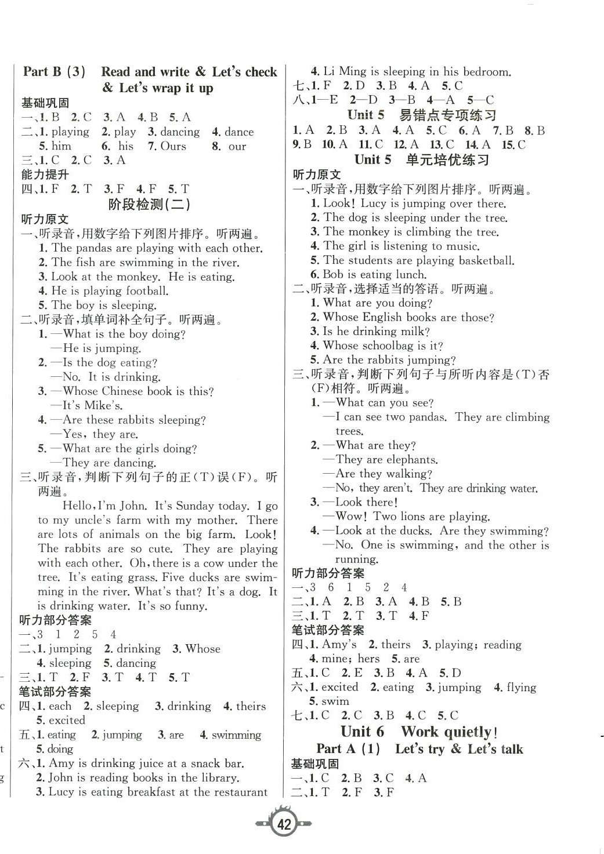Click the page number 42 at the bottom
click(284, 824)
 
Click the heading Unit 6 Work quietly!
click(419, 732)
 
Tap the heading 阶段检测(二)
click(150, 204)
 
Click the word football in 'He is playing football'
click(144, 291)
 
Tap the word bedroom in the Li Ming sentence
click(485, 72)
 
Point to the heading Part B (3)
click(55, 72)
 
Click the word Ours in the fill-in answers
click(173, 146)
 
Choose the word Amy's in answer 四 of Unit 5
click(339, 645)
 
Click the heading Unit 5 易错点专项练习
click(421, 115)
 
